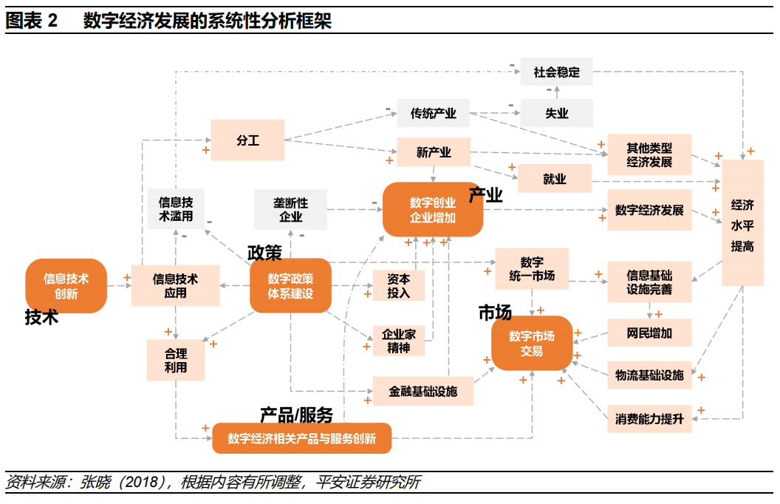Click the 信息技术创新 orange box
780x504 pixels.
pyautogui.click(x=66, y=285)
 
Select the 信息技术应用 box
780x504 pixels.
pyautogui.click(x=175, y=285)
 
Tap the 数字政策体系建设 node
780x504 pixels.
pyautogui.click(x=290, y=285)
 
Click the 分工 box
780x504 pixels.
pyautogui.click(x=247, y=140)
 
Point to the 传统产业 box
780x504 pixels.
pyautogui.click(x=433, y=114)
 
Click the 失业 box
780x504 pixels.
pyautogui.click(x=557, y=113)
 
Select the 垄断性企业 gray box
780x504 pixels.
pyautogui.click(x=291, y=209)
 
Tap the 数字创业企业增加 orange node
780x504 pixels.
pyautogui.click(x=433, y=209)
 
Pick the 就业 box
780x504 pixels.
pyautogui.click(x=554, y=179)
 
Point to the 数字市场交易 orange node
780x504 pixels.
pyautogui.click(x=532, y=342)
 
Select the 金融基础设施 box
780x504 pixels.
pyautogui.click(x=422, y=391)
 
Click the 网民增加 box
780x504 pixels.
pyautogui.click(x=649, y=333)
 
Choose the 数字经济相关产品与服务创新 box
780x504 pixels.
pyautogui.click(x=301, y=438)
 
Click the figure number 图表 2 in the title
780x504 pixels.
pyautogui.click(x=31, y=21)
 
